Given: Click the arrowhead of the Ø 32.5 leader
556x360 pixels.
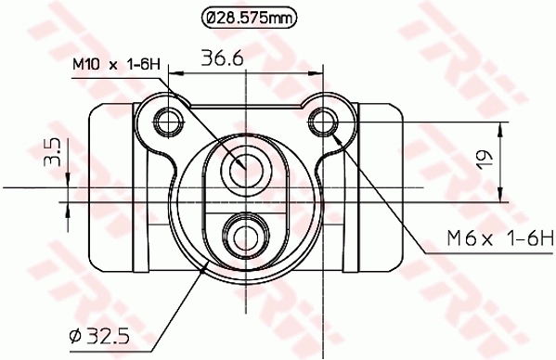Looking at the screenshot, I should click(x=206, y=270).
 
